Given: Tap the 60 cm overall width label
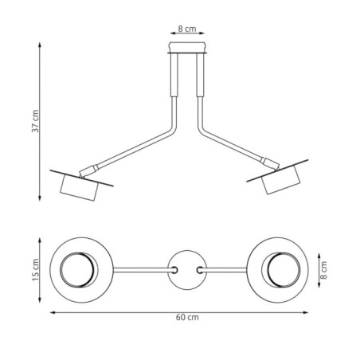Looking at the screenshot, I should tap(186, 317).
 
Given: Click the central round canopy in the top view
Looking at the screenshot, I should tap(186, 270).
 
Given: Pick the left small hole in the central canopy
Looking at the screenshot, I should tap(173, 270).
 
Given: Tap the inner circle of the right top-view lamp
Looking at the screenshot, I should tap(285, 270).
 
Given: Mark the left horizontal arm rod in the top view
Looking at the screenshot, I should tap(142, 270).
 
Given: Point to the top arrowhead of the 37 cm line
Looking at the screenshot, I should tap(40, 45).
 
